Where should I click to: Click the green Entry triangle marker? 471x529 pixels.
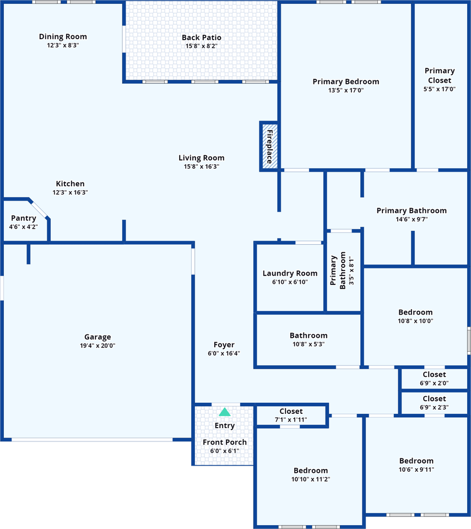(x=225, y=412)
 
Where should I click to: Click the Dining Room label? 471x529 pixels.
(x=63, y=36)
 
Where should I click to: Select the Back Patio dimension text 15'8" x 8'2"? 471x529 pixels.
(x=202, y=46)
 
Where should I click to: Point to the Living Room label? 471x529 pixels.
(x=202, y=158)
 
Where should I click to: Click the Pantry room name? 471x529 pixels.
(x=23, y=218)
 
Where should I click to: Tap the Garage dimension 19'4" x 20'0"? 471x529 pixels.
(x=98, y=346)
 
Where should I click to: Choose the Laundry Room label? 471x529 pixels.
(x=290, y=273)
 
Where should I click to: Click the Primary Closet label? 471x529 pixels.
(x=440, y=75)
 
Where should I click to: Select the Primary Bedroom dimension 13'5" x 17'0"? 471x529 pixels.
(x=346, y=90)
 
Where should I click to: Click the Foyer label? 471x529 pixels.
(x=224, y=345)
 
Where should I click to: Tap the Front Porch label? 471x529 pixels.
(x=225, y=442)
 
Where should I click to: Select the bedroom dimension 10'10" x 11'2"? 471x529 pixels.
(x=311, y=479)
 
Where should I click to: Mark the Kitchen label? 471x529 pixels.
(x=70, y=184)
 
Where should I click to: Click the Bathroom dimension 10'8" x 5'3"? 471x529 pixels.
(x=308, y=344)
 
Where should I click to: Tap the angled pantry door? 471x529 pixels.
(x=39, y=209)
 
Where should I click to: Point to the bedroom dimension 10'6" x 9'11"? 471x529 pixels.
(x=416, y=469)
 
